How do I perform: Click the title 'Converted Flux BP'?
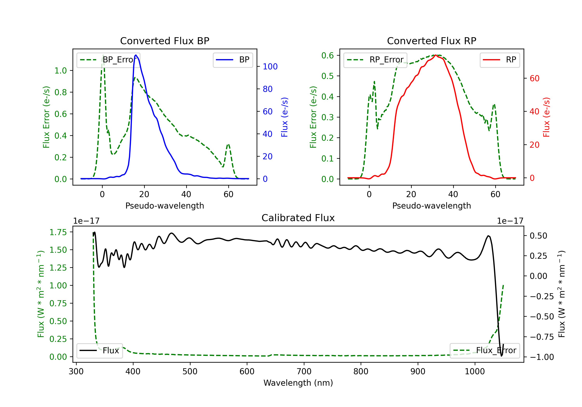tap(165, 41)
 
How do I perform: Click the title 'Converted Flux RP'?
tap(431, 41)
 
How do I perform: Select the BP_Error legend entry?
tap(108, 60)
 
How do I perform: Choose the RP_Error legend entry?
tap(375, 60)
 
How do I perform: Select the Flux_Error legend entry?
tap(485, 351)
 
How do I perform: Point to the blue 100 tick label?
tap(270, 67)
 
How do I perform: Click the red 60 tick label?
tap(534, 78)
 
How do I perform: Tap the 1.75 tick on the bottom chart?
tap(58, 232)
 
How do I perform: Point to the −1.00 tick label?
tap(542, 357)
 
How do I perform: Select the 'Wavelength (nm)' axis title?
tap(298, 383)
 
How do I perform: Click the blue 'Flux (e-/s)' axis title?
tap(284, 117)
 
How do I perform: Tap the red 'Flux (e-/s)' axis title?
tap(546, 117)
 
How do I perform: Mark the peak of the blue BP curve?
tap(136, 55)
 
